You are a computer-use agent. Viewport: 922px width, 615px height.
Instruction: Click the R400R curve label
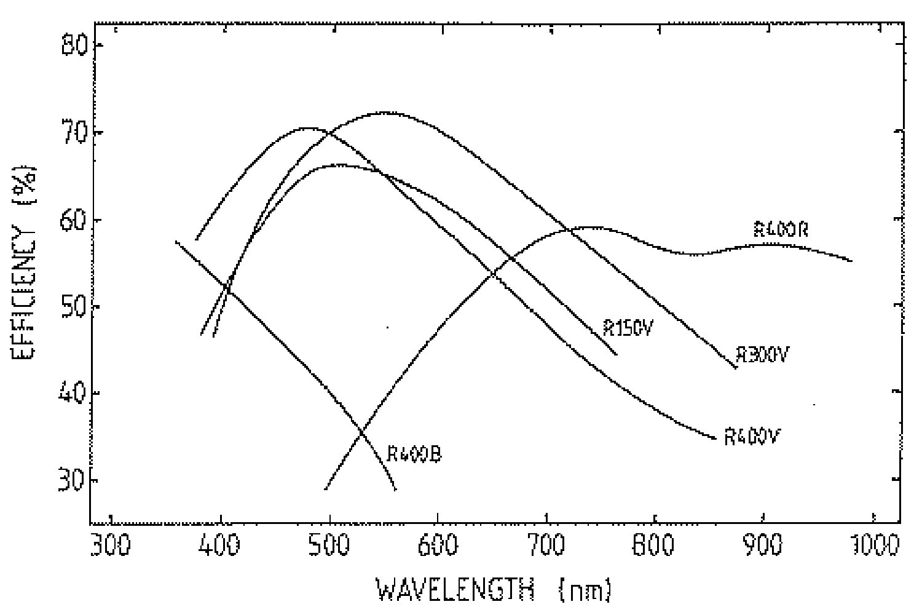pos(781,230)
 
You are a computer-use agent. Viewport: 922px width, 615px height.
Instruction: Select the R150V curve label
pos(626,328)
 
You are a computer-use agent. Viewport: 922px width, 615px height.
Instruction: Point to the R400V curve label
pos(752,437)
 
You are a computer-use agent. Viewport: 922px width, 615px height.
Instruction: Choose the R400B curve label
pos(414,454)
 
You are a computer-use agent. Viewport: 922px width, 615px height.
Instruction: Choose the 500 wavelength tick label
pos(329,546)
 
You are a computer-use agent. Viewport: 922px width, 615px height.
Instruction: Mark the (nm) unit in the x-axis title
pos(585,591)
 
